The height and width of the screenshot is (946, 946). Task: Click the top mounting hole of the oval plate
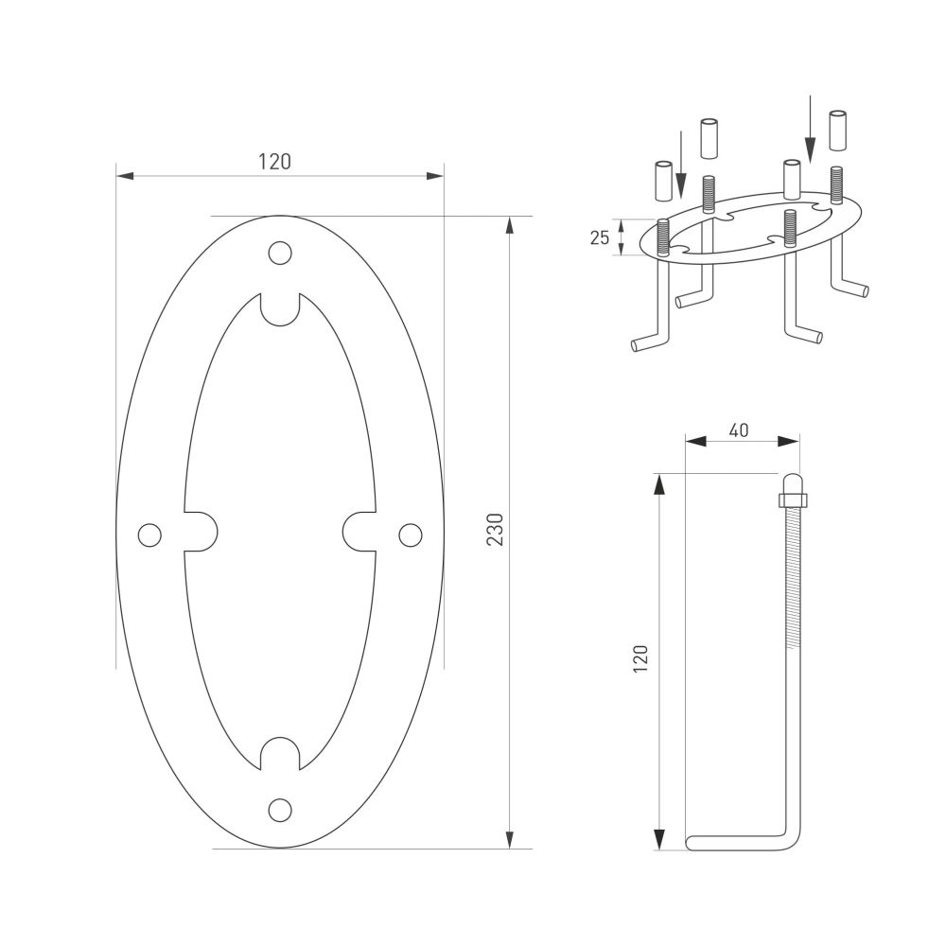click(x=279, y=253)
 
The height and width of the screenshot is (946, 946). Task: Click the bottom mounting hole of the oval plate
click(x=279, y=810)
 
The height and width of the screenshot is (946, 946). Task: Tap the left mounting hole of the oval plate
click(x=149, y=534)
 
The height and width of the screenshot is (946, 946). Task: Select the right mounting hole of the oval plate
click(x=410, y=534)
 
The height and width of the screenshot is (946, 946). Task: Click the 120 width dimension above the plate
click(x=275, y=161)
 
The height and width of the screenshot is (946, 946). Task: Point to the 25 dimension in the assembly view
click(x=600, y=237)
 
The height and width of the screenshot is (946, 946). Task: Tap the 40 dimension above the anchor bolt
click(x=739, y=429)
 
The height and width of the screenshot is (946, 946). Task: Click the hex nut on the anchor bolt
click(x=792, y=499)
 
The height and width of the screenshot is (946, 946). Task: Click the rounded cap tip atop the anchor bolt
click(x=792, y=480)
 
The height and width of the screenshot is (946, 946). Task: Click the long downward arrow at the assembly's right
click(x=810, y=127)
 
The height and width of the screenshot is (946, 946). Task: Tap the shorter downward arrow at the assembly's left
click(x=680, y=166)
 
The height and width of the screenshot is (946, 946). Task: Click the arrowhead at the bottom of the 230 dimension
click(x=510, y=839)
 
